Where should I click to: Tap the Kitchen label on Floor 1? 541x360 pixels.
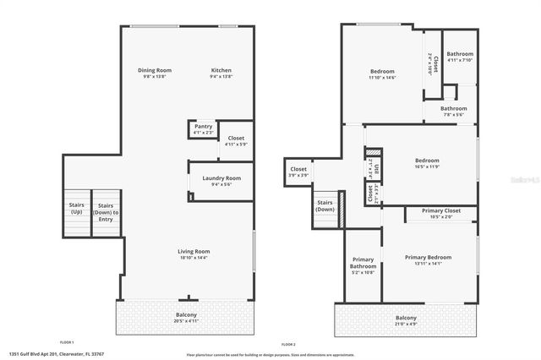[x=221, y=70]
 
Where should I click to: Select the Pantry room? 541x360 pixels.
[x=204, y=128]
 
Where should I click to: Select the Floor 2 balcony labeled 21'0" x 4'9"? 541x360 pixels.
[x=406, y=321]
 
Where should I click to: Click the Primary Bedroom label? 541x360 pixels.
[x=428, y=257]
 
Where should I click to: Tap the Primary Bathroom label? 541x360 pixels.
[x=363, y=265]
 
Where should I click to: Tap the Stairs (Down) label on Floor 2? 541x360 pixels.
[x=325, y=205]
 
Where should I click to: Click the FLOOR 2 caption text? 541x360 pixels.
[x=288, y=344]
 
